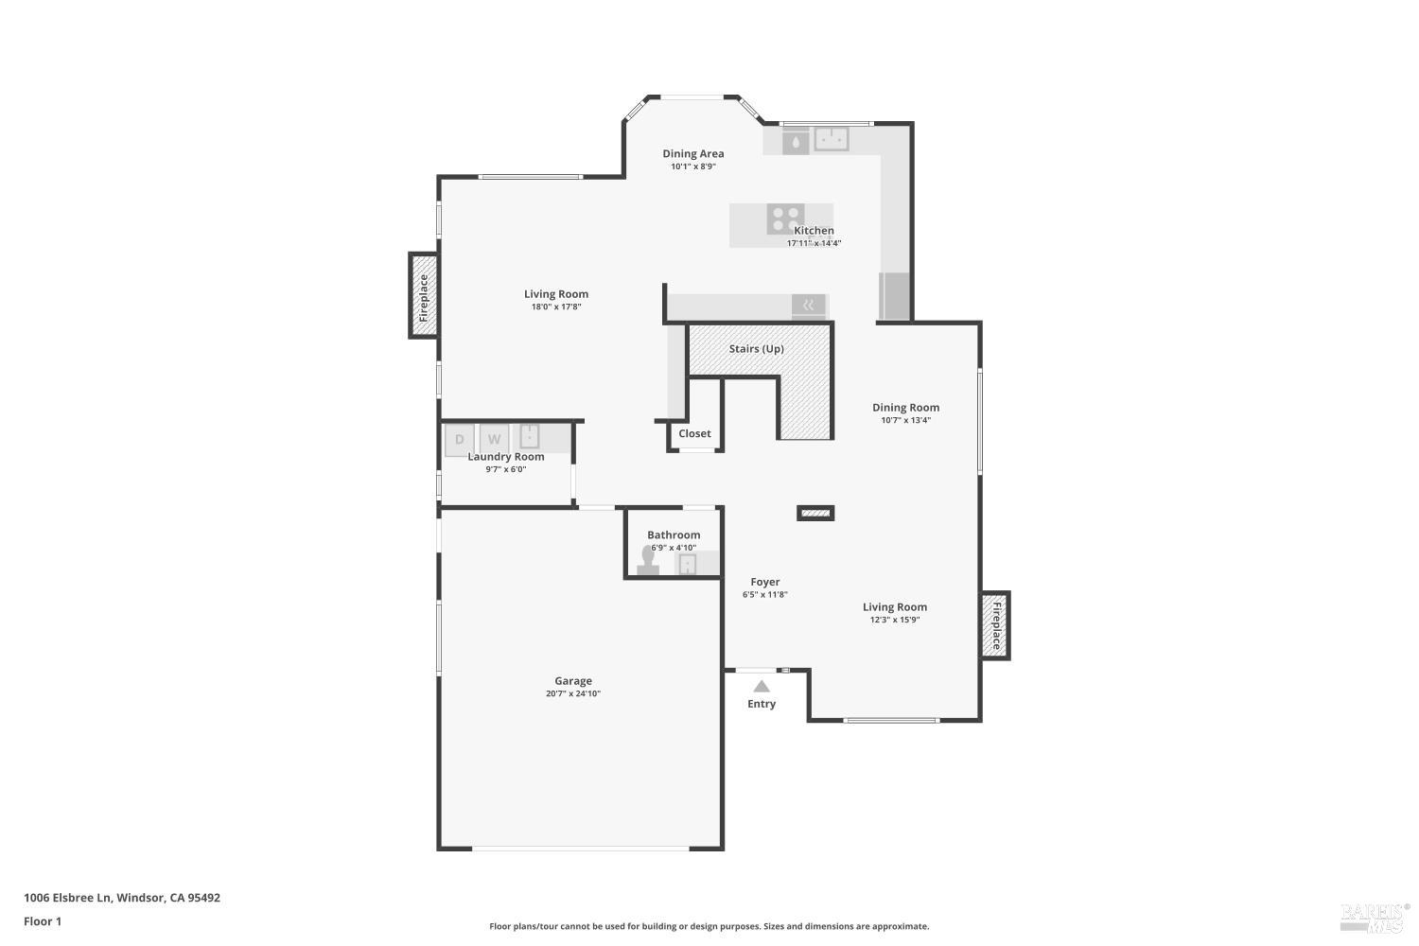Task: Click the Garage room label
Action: click(x=573, y=680)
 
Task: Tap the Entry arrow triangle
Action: click(x=762, y=686)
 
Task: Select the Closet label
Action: click(x=694, y=433)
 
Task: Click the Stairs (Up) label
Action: click(x=757, y=348)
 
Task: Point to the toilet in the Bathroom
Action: click(x=647, y=561)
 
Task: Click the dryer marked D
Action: click(x=459, y=439)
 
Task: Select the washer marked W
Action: click(x=494, y=439)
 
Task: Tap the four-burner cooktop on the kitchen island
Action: click(x=785, y=219)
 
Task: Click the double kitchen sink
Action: click(x=832, y=139)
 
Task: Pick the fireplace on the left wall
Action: click(x=423, y=296)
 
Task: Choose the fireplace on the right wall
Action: click(x=996, y=625)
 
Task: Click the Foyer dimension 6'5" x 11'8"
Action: click(x=765, y=594)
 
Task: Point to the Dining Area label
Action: click(x=693, y=153)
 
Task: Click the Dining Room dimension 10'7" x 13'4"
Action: click(x=906, y=420)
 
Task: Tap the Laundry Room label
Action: click(x=505, y=456)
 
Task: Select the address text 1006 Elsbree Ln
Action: click(x=68, y=897)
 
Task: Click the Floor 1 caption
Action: click(x=43, y=921)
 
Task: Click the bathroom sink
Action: click(x=688, y=563)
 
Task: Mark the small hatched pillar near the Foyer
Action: click(x=815, y=514)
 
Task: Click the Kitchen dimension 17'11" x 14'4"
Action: click(x=814, y=243)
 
